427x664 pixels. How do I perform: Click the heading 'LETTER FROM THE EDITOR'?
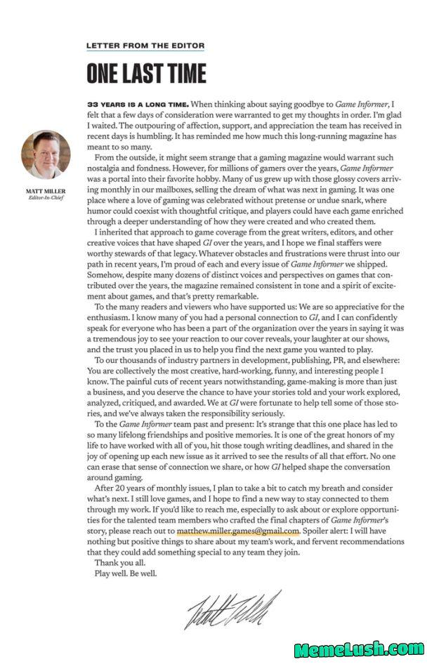point(145,46)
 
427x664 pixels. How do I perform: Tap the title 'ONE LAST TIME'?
point(146,73)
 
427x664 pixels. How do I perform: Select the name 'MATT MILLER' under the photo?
point(46,190)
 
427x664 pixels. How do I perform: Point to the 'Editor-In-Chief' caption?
point(46,197)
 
